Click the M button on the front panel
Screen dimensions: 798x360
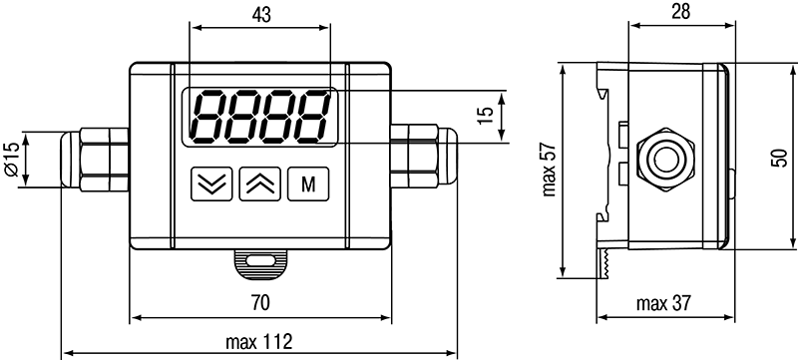pos(308,184)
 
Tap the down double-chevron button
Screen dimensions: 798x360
pos(211,184)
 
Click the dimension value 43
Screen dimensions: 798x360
pos(261,15)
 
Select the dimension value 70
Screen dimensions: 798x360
pos(260,303)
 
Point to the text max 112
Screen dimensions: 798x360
pos(259,342)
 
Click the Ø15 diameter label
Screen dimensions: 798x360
pos(12,160)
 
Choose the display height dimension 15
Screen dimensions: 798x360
pos(487,116)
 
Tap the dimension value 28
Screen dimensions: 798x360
pos(680,11)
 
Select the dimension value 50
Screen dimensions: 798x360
pos(779,158)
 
